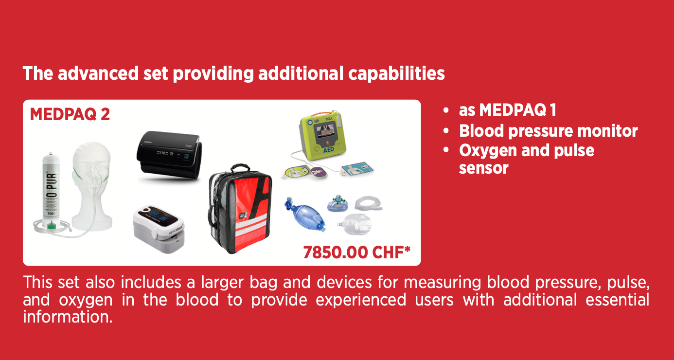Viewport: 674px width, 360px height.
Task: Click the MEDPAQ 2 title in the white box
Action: [70, 114]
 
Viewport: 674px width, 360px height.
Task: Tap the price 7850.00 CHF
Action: [357, 252]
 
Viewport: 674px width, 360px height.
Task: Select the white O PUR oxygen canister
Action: [51, 190]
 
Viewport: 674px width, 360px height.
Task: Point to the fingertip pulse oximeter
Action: [159, 229]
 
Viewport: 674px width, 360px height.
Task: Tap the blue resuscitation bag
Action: [305, 214]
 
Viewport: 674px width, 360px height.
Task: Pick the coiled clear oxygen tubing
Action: [368, 204]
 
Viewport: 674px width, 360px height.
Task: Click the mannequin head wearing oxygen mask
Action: [92, 186]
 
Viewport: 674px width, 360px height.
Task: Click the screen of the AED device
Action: [325, 131]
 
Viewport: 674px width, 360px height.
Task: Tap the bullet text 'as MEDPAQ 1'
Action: [507, 109]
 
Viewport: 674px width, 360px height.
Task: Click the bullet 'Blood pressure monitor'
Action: [548, 131]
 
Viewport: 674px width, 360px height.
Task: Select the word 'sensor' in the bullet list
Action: [483, 168]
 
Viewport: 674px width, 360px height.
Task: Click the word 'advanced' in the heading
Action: [98, 73]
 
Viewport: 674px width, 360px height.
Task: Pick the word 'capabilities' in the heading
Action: [396, 73]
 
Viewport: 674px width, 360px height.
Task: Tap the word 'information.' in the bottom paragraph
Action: [68, 317]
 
